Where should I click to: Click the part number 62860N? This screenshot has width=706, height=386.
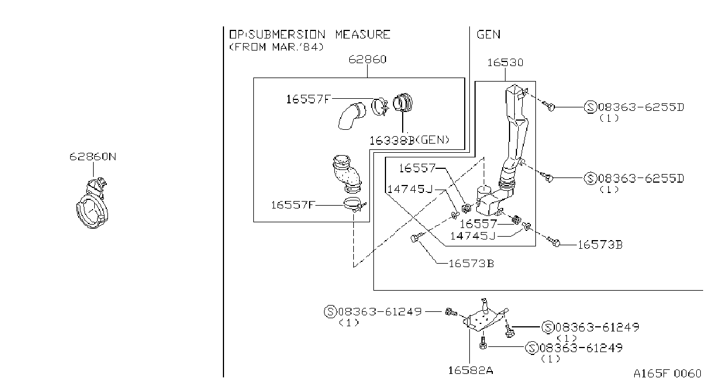click(92, 157)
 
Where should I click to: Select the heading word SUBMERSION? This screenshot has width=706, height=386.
click(287, 34)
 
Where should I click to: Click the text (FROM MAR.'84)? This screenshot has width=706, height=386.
click(276, 47)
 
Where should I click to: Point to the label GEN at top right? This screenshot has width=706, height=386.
click(488, 34)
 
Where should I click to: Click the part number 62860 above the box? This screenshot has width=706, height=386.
click(367, 59)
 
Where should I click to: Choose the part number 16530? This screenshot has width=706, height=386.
click(506, 63)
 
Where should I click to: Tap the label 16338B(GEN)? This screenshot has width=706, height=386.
click(409, 140)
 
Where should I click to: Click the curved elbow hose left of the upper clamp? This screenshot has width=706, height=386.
click(352, 116)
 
